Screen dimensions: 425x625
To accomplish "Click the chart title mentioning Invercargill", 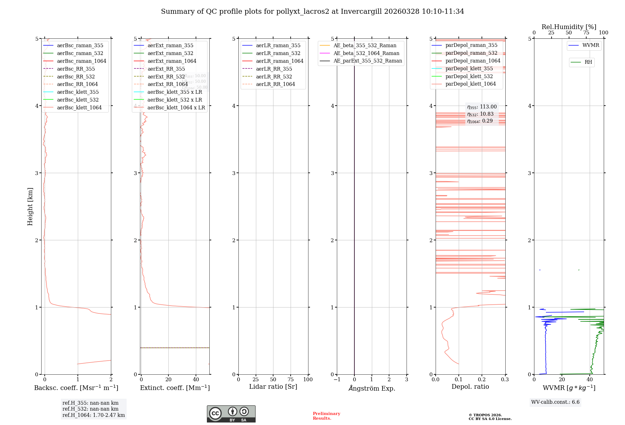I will coord(312,12).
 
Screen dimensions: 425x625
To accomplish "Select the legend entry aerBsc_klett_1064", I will coord(79,107).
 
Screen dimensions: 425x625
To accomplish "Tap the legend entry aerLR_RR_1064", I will coord(275,84).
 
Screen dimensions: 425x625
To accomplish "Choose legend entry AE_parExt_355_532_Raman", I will coord(367,61).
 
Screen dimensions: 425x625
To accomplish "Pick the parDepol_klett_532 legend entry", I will coord(469,76).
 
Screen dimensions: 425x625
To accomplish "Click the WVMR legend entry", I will coord(590,45).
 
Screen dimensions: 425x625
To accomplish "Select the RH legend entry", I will coord(588,62).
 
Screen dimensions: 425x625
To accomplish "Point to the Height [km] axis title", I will coord(30,207).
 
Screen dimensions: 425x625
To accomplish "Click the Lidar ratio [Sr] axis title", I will coord(273,387).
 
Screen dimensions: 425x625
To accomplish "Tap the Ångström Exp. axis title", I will coord(372,388).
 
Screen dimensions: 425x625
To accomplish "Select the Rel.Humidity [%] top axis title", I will coord(569,27).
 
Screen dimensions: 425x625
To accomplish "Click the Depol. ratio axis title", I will coord(470,387).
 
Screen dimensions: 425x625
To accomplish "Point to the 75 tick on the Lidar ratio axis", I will coord(291,379).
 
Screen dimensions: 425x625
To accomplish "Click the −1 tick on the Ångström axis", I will coord(337,379).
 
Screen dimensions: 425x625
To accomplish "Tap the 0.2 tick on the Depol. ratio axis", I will coord(482,379).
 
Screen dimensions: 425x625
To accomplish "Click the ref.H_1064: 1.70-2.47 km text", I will coord(93,415).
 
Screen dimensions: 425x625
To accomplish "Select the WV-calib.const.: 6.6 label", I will coord(555,402).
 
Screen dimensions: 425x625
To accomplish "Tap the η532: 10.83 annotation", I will coord(480,114).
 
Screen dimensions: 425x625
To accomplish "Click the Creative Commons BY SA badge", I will coord(231,414).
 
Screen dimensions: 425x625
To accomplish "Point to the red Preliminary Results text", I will coord(326,416).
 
